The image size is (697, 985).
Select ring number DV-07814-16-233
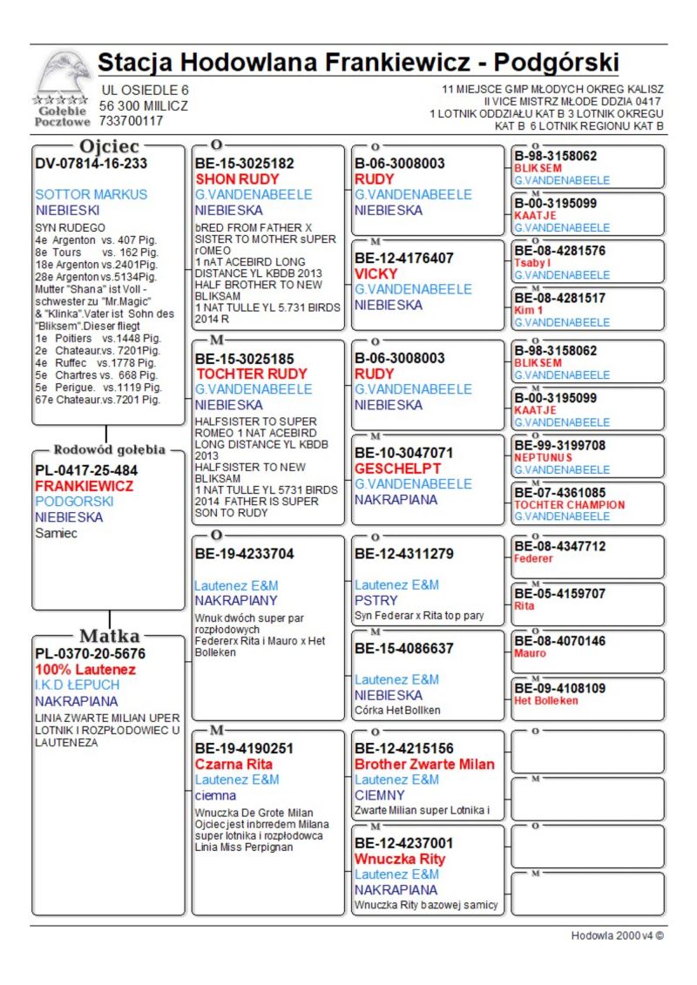pos(91,163)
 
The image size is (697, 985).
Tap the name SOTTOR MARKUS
pos(91,194)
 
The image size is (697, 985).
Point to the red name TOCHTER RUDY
pos(251,374)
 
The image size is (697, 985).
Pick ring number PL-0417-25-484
pos(86,470)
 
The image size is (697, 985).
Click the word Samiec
pos(56,533)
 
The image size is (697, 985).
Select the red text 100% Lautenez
pos(85,669)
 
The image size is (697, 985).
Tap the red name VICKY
pos(376,273)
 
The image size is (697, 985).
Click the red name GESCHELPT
pos(397,468)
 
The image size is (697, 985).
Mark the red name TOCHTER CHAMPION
pos(569,505)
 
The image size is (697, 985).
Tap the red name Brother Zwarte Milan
pos(424,764)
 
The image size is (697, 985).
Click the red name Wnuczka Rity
pos(400,859)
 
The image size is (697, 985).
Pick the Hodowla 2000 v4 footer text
pos(617,935)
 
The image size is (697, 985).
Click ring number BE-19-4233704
pos(245,554)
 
